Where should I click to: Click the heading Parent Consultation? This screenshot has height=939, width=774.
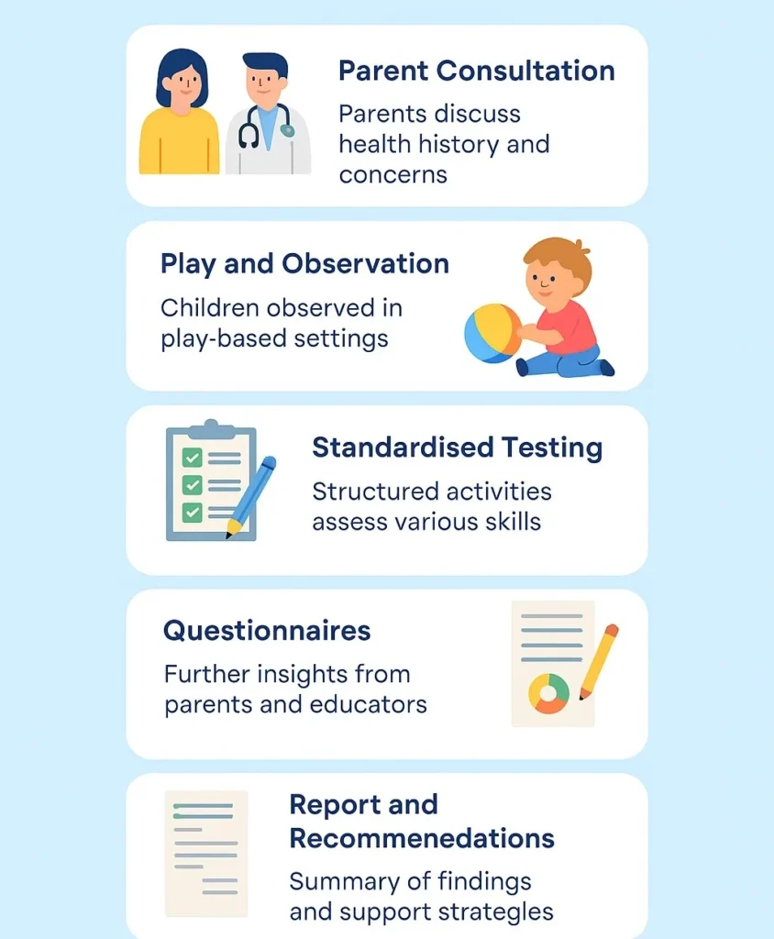point(476,71)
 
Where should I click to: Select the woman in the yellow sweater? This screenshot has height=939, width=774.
point(179,112)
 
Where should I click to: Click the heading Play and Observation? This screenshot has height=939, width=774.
point(304,264)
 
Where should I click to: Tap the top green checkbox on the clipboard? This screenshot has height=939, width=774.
point(192,458)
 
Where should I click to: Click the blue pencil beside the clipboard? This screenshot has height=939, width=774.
point(251,496)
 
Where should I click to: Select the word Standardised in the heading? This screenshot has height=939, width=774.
point(403,447)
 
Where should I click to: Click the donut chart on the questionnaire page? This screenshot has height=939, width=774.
point(548,693)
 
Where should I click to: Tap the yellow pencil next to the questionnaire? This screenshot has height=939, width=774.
point(599,662)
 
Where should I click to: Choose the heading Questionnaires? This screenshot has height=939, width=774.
point(267,631)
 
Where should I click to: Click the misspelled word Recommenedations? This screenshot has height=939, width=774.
point(422,838)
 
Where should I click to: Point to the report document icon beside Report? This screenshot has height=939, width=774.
point(206,854)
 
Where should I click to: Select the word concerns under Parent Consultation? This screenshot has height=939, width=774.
point(393,175)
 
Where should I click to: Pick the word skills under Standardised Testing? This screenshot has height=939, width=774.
point(513,522)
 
